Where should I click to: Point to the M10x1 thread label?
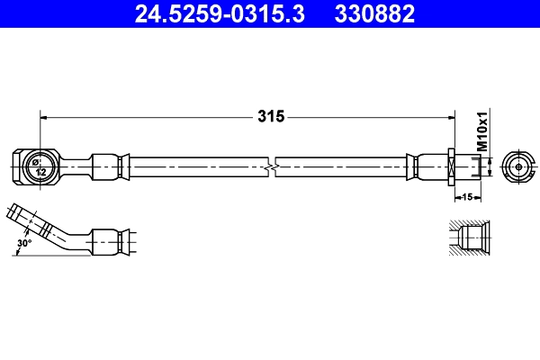481,131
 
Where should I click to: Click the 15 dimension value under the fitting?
468,195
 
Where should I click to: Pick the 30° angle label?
24,242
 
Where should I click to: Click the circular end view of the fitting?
519,166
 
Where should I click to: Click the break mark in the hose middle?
273,166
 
